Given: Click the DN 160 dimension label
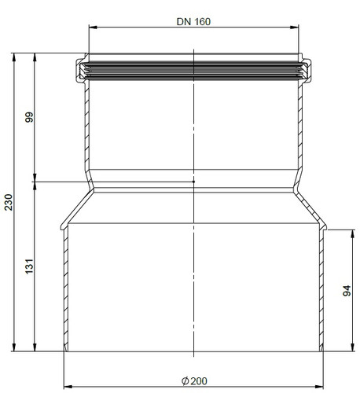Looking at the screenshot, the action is click(193, 21).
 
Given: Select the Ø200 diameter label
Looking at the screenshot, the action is click(194, 381).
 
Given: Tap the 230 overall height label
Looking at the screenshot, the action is click(9, 202).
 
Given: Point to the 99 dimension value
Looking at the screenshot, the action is click(29, 117).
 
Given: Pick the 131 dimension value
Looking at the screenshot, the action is click(29, 266).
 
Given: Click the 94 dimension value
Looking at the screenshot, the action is click(347, 291).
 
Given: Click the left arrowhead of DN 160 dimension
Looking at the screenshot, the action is click(93, 27).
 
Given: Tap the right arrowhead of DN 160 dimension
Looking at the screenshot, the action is click(295, 27).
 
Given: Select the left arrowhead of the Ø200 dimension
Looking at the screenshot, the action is click(68, 387).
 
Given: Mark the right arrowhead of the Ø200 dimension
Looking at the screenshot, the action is click(319, 387).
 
